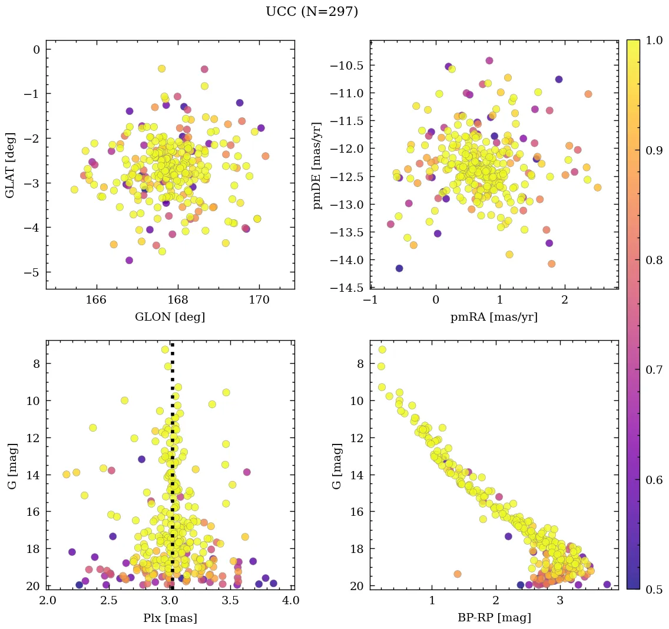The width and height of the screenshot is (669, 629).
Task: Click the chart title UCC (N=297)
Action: pos(312,12)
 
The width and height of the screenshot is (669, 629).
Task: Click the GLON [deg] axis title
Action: pos(170,317)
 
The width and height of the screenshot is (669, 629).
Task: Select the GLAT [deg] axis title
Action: pos(10,165)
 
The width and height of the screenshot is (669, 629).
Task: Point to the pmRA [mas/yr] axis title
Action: pos(494,317)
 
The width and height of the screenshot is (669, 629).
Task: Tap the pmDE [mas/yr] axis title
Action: pos(317,165)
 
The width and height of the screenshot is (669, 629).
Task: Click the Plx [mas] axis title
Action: pos(170,618)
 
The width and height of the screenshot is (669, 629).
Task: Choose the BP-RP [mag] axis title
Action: pos(494,618)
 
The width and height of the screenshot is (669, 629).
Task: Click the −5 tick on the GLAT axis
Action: pos(35,272)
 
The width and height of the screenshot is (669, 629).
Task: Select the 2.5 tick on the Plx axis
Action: pos(109,601)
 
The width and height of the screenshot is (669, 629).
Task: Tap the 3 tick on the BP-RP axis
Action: pos(559,601)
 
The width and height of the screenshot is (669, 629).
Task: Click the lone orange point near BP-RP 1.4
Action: pos(458,574)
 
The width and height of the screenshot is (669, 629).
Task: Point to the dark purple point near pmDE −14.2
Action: pos(399,268)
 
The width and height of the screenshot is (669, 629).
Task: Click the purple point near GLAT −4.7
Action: pos(130,260)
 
